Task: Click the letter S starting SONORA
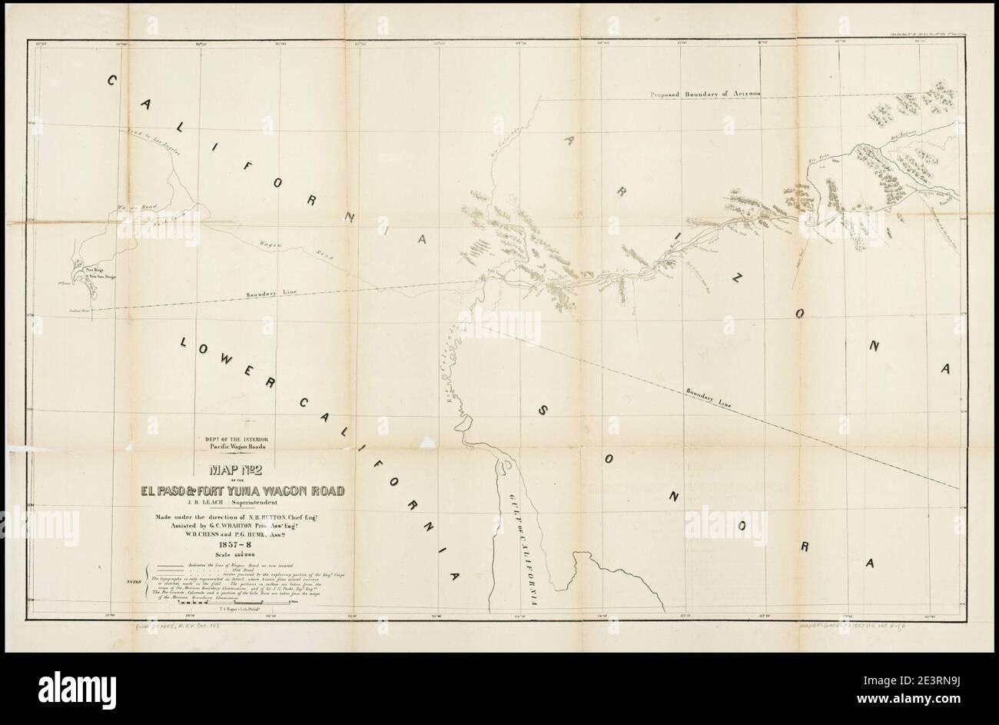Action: point(543,411)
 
